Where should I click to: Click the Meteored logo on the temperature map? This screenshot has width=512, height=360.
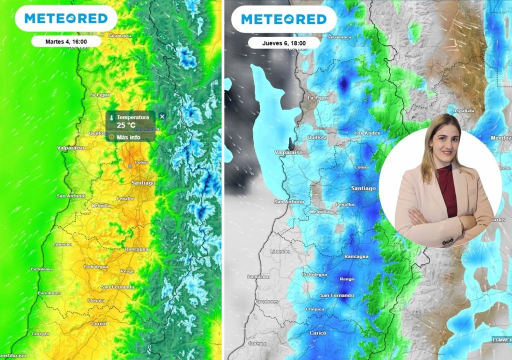pos(66,18)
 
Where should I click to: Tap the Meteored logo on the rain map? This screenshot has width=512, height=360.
pos(283,19)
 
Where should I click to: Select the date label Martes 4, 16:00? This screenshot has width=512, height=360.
pos(66,41)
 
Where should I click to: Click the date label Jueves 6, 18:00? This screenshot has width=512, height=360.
pos(283,43)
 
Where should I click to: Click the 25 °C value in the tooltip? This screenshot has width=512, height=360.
pos(126,125)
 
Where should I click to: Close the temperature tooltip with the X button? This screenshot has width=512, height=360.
pos(161,116)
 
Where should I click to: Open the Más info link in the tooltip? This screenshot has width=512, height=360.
pos(128,136)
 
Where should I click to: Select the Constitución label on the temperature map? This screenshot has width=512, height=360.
pos(13,355)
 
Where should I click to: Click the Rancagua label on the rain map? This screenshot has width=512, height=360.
pos(356,256)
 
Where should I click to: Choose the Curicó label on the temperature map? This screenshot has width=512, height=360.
pos(99,323)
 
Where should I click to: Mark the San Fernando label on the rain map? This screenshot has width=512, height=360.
pos(336,295)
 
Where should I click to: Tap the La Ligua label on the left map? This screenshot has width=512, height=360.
pos(99,94)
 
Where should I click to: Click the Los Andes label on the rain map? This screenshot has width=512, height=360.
pos(366,133)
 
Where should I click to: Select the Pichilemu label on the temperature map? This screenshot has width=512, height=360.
pos(42,269)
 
